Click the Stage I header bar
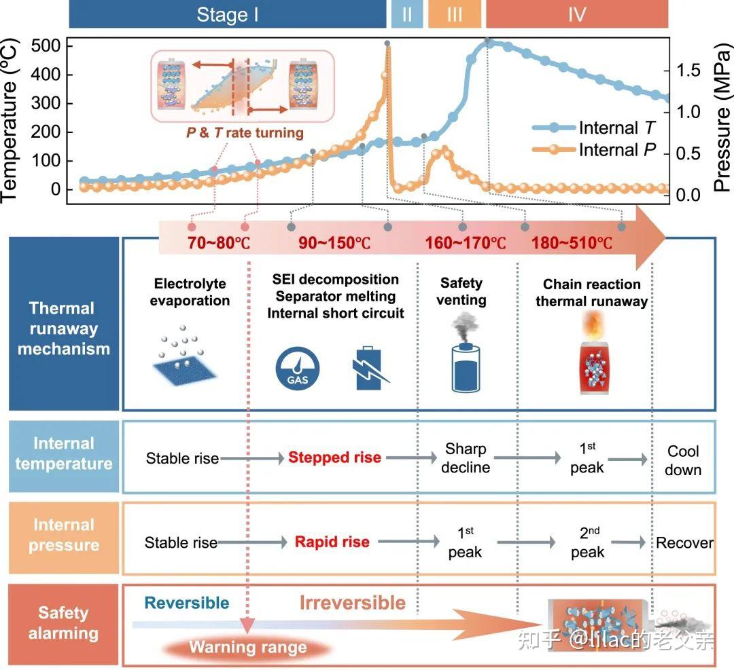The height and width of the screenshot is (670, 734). click(x=227, y=14)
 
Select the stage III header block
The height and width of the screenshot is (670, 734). click(x=455, y=14)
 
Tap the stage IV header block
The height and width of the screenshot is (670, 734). click(x=577, y=14)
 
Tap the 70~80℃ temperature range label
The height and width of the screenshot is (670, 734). click(x=218, y=243)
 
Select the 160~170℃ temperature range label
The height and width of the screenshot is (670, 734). click(x=466, y=243)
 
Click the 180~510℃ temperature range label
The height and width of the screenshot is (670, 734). click(x=572, y=243)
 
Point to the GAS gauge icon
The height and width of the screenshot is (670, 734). click(x=298, y=371)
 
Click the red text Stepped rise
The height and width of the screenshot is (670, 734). click(x=334, y=458)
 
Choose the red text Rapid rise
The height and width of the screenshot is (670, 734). click(x=332, y=542)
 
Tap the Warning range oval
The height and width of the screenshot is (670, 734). click(x=248, y=647)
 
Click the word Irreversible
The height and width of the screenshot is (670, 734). click(x=353, y=603)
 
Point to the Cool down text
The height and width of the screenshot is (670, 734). click(x=684, y=460)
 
